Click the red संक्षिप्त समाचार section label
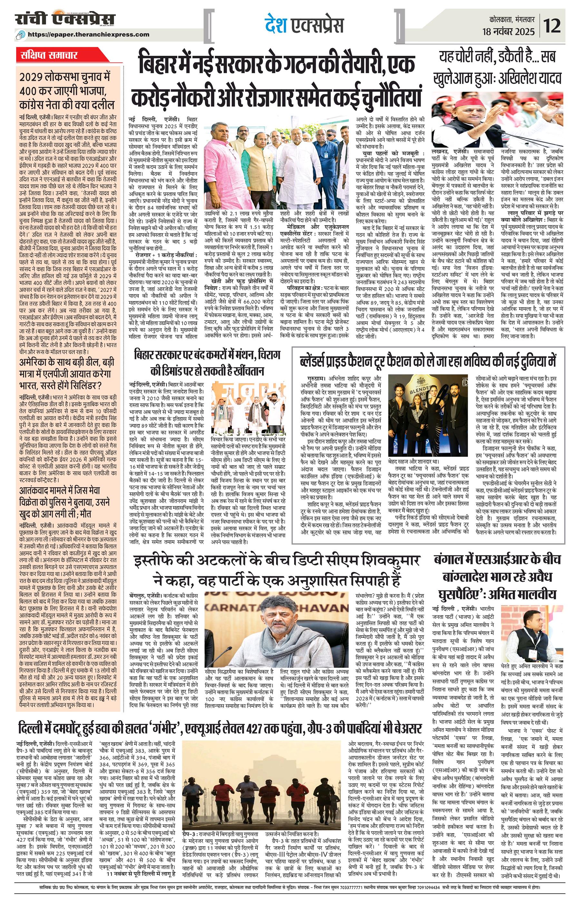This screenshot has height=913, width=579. coord(49,55)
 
